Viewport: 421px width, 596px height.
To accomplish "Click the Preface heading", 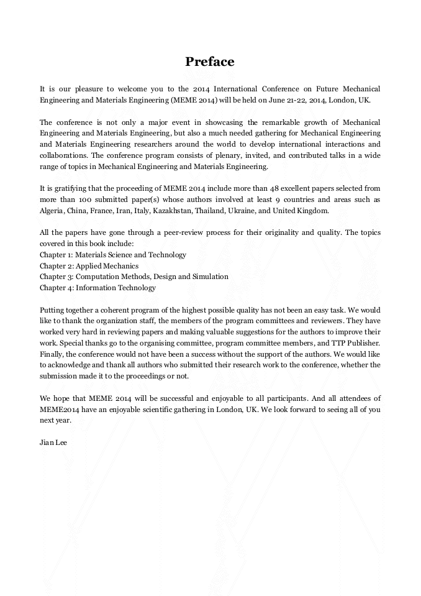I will (x=210, y=62).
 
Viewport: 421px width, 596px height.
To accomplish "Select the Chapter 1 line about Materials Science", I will (x=112, y=255).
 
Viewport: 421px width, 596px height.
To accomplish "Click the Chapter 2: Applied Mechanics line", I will (x=89, y=266).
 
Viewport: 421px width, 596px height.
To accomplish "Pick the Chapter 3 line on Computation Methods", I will (x=134, y=277).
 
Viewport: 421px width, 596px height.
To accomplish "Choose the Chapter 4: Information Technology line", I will (x=97, y=288).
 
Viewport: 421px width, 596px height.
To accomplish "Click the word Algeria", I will (x=52, y=211).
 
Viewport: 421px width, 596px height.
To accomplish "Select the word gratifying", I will (x=70, y=188).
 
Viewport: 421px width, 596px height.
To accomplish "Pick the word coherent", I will (x=119, y=310).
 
